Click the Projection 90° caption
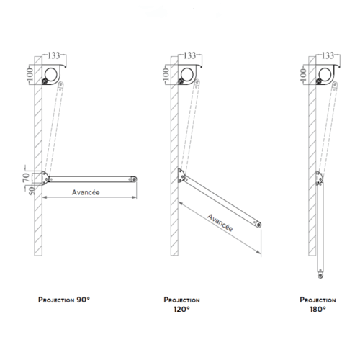pos(64,300)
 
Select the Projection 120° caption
pos(181,305)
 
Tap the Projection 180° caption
pos(318,305)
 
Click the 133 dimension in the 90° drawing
pos(54,55)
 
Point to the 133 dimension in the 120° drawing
pos(190,55)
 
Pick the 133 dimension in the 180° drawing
pos(328,55)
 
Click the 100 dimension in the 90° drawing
pos(30,74)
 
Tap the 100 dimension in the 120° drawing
pos(166,74)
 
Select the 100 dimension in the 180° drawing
pos(303,74)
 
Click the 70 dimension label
pos(26,177)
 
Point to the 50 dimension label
pos(32,191)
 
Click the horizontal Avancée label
pos(86,192)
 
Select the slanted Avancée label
pos(220,222)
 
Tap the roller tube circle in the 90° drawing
pos(51,74)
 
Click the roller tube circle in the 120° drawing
pos(187,74)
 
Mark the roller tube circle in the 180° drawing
pos(325,74)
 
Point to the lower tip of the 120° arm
pos(259,225)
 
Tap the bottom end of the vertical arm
pos(320,276)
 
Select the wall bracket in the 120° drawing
pos(181,176)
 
